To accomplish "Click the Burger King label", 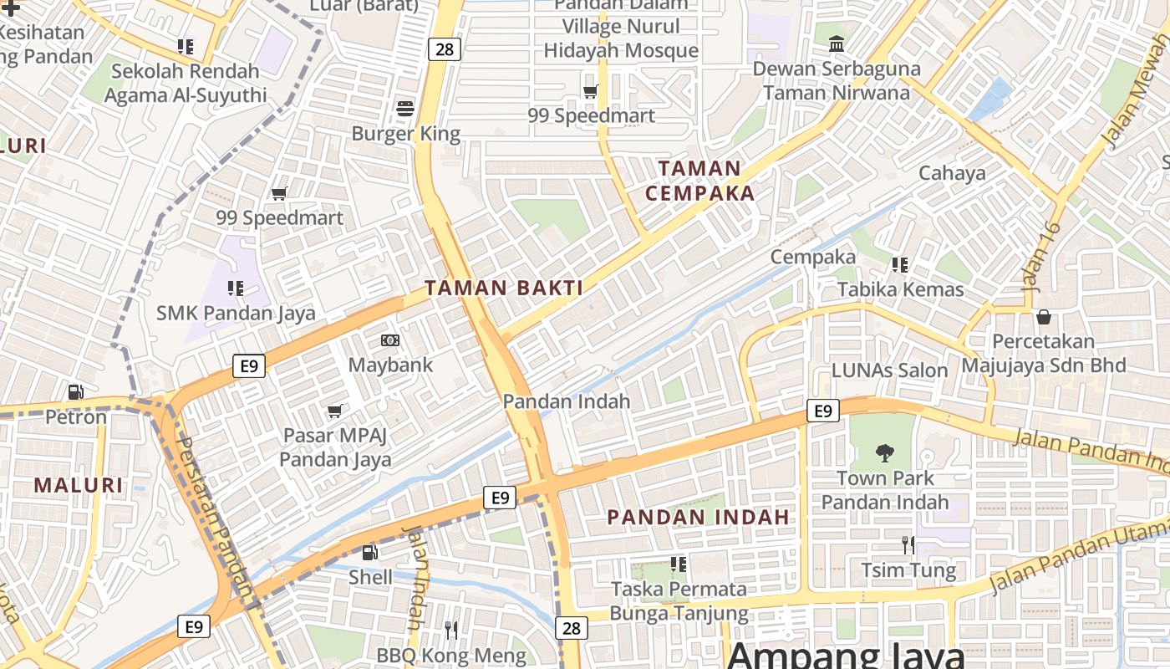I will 405,134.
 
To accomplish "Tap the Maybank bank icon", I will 390,340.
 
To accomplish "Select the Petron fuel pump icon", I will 75,391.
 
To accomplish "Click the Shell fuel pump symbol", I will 369,552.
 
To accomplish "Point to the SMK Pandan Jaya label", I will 236,314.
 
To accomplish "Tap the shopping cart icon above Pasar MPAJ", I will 335,411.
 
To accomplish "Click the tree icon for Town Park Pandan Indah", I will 884,453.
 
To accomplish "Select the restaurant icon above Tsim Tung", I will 908,545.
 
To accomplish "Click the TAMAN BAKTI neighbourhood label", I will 504,289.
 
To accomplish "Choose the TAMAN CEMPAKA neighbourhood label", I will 699,181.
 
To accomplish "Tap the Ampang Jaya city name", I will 845,655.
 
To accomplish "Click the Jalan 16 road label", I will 1041,256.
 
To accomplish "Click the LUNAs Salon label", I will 889,370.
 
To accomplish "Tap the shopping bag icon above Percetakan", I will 1043,317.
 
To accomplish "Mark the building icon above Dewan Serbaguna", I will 836,43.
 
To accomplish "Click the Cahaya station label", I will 952,173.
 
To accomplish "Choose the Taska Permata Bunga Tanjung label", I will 679,600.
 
